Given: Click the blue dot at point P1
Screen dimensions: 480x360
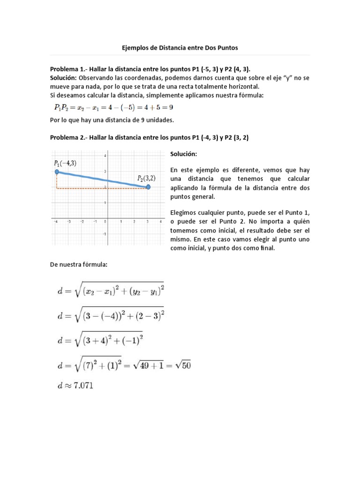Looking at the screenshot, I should click(x=57, y=172).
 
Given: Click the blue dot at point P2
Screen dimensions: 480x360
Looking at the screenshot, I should click(x=148, y=187).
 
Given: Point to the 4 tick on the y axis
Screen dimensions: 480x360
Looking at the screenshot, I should click(x=105, y=156).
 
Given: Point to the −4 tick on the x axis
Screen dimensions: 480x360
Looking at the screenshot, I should click(x=56, y=222).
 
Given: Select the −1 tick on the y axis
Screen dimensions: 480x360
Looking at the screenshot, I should click(x=105, y=234).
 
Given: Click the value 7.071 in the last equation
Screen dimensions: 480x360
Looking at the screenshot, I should click(x=84, y=387).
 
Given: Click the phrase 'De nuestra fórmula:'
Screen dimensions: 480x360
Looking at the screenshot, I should click(x=78, y=265).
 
